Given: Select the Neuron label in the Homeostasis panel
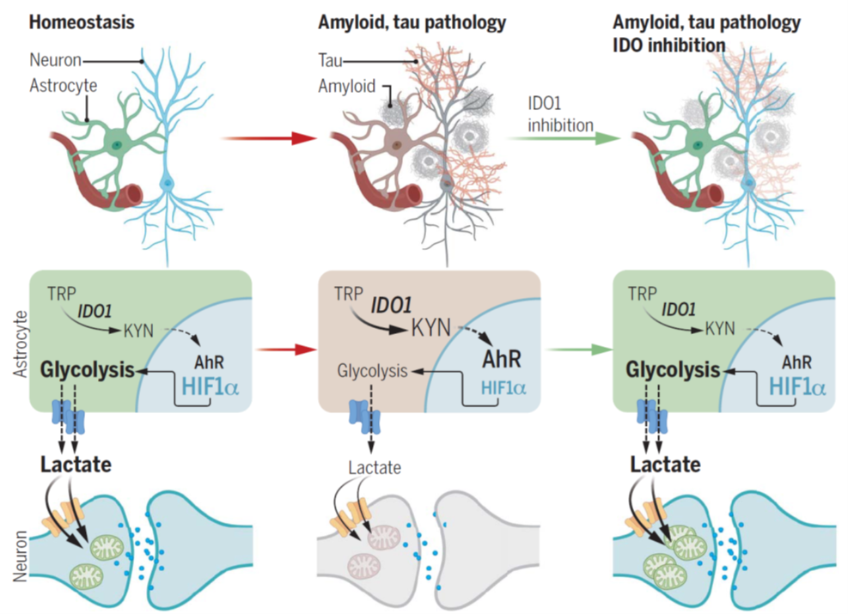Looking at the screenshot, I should coord(55,60).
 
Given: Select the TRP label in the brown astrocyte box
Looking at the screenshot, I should coord(349,293).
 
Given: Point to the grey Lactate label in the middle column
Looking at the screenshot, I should coord(375,468).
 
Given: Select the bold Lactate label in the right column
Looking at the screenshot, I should coord(665,465).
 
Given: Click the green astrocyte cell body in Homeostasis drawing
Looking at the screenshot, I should coord(116,141).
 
